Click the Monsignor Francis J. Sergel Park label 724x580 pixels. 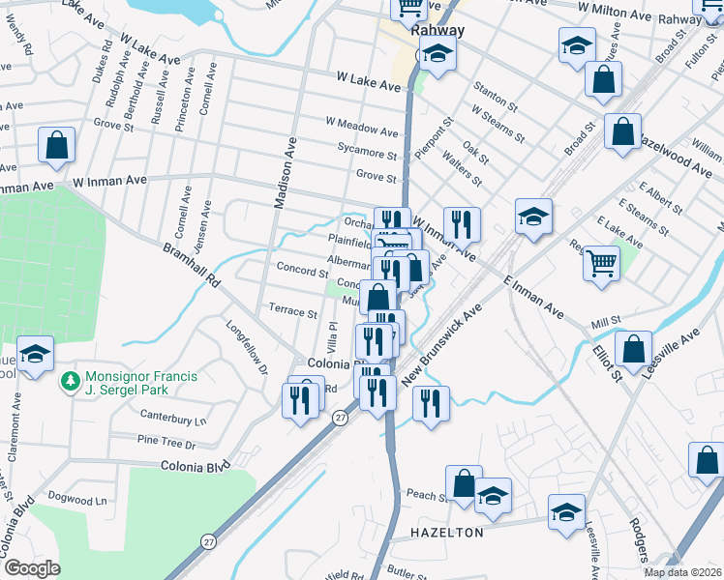tap(128, 383)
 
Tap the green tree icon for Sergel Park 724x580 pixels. tap(69, 383)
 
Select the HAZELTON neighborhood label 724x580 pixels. tap(446, 533)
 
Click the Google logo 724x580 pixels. tap(32, 568)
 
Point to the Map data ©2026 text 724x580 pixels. tap(682, 572)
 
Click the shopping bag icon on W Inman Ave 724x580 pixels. tap(57, 145)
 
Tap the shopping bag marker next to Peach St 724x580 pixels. tap(464, 482)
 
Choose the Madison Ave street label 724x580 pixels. tap(285, 173)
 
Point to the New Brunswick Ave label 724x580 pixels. tap(448, 344)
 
